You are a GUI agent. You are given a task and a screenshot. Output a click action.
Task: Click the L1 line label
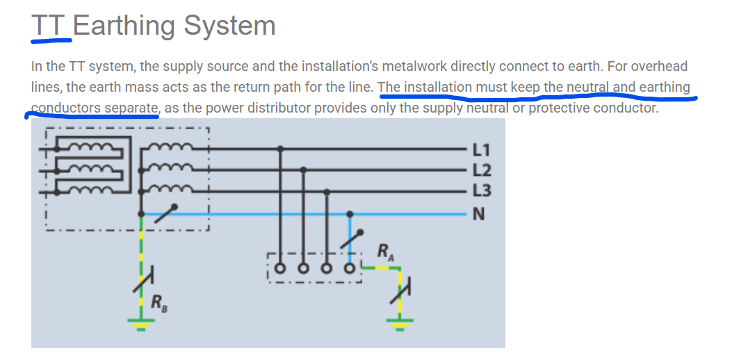pos(481,150)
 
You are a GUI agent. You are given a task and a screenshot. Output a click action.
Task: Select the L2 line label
pos(481,170)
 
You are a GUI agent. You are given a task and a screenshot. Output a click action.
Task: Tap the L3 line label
pos(481,190)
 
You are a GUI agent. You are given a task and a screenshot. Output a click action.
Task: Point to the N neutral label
pos(478,215)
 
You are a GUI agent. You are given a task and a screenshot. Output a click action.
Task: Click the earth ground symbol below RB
pos(140,324)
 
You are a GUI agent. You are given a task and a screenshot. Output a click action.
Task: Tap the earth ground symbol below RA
pos(399,324)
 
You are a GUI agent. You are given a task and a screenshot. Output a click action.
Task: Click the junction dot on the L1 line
pos(281,149)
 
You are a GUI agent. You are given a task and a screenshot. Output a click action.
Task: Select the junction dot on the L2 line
pos(303,170)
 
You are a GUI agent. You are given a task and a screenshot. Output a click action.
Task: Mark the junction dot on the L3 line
pos(327,192)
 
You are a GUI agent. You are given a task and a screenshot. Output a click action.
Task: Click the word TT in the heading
pos(49,25)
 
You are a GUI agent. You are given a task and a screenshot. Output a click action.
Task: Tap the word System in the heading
pos(229,26)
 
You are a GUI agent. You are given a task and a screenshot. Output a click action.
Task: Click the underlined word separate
pos(131,108)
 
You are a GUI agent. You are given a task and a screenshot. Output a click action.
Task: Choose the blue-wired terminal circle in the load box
pos(350,268)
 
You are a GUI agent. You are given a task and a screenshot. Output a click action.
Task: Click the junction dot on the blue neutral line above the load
pos(350,214)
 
